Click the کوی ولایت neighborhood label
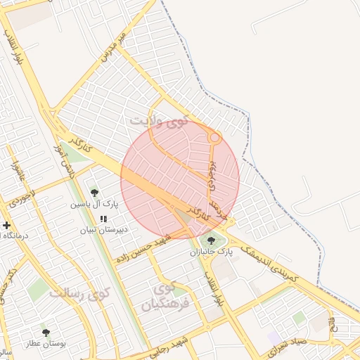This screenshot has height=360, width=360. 160,122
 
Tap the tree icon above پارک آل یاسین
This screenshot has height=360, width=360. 95,193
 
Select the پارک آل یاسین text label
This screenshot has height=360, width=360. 95,205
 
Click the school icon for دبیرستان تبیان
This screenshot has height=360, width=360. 104,219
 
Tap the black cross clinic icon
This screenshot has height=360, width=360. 7,226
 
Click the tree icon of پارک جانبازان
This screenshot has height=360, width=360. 211,241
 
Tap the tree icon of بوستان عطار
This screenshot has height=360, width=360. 46,333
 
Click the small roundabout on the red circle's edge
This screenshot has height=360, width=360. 215,138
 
